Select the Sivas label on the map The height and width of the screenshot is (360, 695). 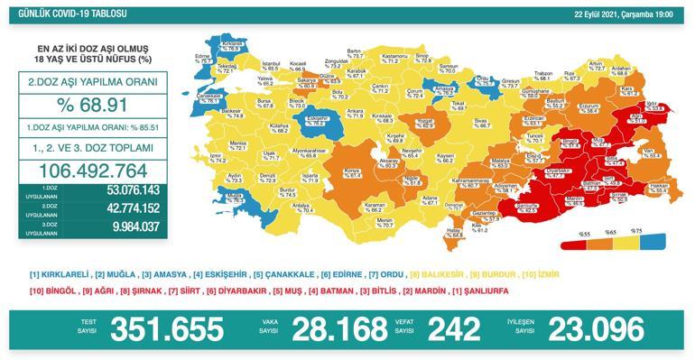(x=483, y=118)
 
